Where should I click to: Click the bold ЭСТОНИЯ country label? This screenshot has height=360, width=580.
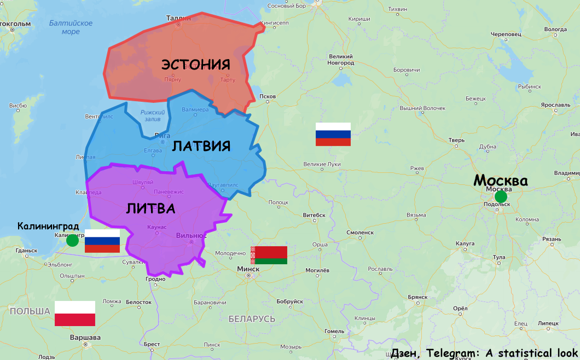(195, 65)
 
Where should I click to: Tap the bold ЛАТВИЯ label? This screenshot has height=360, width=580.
(201, 146)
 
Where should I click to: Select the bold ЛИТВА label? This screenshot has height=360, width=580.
(150, 208)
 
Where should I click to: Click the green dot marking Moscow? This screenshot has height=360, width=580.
(501, 197)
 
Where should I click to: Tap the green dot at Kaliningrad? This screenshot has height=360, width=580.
(72, 240)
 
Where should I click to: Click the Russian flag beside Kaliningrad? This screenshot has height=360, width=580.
(102, 241)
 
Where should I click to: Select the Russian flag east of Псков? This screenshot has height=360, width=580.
(333, 135)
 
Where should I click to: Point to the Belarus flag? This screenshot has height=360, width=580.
(269, 255)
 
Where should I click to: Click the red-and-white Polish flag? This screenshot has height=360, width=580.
(75, 313)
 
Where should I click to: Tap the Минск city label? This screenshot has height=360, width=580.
(248, 269)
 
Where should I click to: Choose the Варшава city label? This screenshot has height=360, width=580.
(85, 338)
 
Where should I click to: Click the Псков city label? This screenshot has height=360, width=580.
(268, 97)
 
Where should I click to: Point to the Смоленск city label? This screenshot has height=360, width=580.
(360, 233)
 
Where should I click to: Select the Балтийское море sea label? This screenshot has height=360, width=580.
(71, 27)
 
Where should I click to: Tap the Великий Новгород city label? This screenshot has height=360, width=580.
(341, 60)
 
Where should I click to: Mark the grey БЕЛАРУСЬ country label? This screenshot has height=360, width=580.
(252, 318)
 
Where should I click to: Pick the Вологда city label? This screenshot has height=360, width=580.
(555, 29)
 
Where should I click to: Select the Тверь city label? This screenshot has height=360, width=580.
(456, 140)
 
